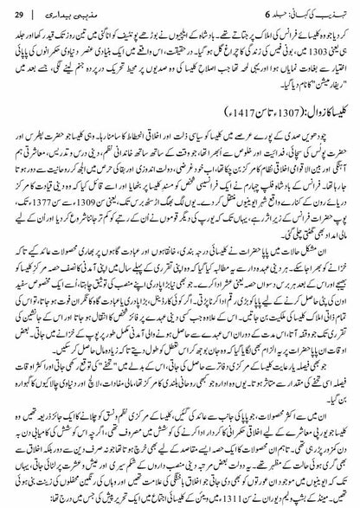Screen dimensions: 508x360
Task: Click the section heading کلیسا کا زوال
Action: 319,109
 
